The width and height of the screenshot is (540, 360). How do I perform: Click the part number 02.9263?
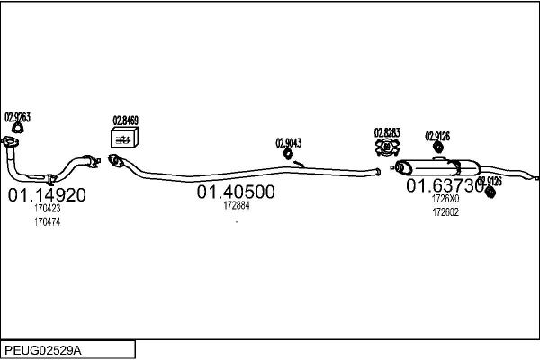click(x=18, y=117)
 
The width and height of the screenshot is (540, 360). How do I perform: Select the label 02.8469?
click(x=125, y=120)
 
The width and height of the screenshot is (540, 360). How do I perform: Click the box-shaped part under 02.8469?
click(x=122, y=137)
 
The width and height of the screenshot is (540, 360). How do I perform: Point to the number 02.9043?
click(x=288, y=142)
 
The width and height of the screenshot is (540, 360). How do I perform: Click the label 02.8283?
click(x=387, y=133)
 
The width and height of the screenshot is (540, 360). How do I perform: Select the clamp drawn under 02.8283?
click(x=387, y=148)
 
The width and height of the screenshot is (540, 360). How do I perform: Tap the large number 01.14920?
click(x=47, y=194)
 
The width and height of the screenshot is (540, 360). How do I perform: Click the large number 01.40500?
click(x=236, y=192)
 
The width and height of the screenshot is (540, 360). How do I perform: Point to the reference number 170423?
click(x=47, y=209)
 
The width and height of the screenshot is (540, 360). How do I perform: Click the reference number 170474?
click(x=47, y=221)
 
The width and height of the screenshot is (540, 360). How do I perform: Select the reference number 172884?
click(x=236, y=205)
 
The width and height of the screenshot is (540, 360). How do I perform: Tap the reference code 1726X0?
click(x=445, y=199)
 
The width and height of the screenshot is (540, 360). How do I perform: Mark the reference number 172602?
click(x=445, y=212)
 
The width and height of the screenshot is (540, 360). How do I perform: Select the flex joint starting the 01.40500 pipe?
click(x=115, y=161)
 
